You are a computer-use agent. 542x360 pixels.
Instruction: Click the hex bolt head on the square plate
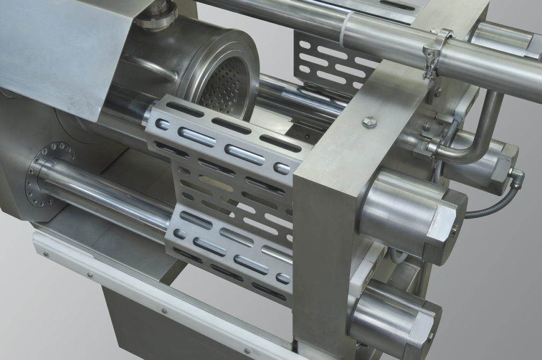click(368, 122)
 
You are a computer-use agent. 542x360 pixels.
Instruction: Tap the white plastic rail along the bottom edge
click(160, 299)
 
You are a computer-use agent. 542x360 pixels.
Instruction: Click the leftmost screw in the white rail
click(46, 255)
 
